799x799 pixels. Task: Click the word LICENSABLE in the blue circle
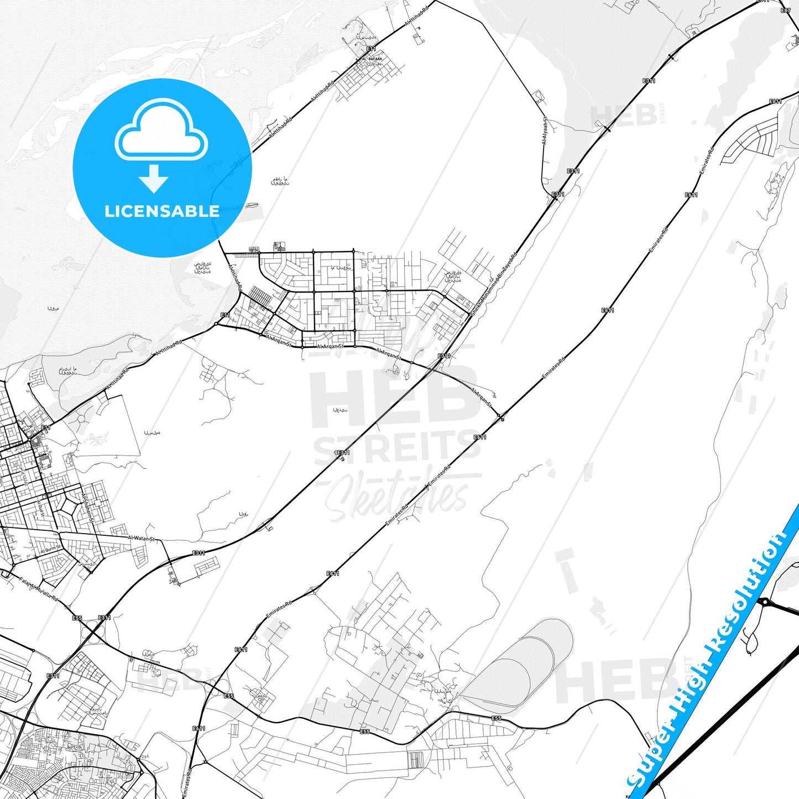(162, 211)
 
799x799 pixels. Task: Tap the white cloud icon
(161, 133)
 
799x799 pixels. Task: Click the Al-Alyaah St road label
(545, 131)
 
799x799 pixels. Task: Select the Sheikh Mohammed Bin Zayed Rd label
(493, 284)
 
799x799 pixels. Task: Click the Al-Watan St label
(142, 538)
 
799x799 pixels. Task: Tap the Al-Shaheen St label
(88, 507)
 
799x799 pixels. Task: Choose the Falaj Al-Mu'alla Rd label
(39, 589)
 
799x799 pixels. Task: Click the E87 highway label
(785, 11)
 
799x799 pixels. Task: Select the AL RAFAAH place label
(372, 59)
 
